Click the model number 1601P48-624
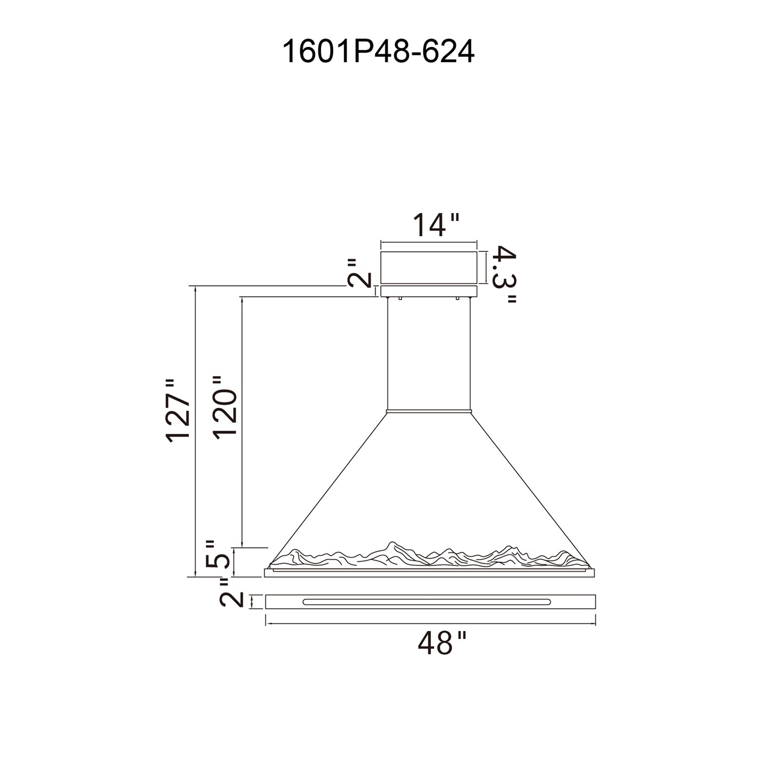click(x=379, y=51)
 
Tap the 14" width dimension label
click(x=437, y=225)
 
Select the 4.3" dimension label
click(x=505, y=275)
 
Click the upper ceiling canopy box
click(x=428, y=267)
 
